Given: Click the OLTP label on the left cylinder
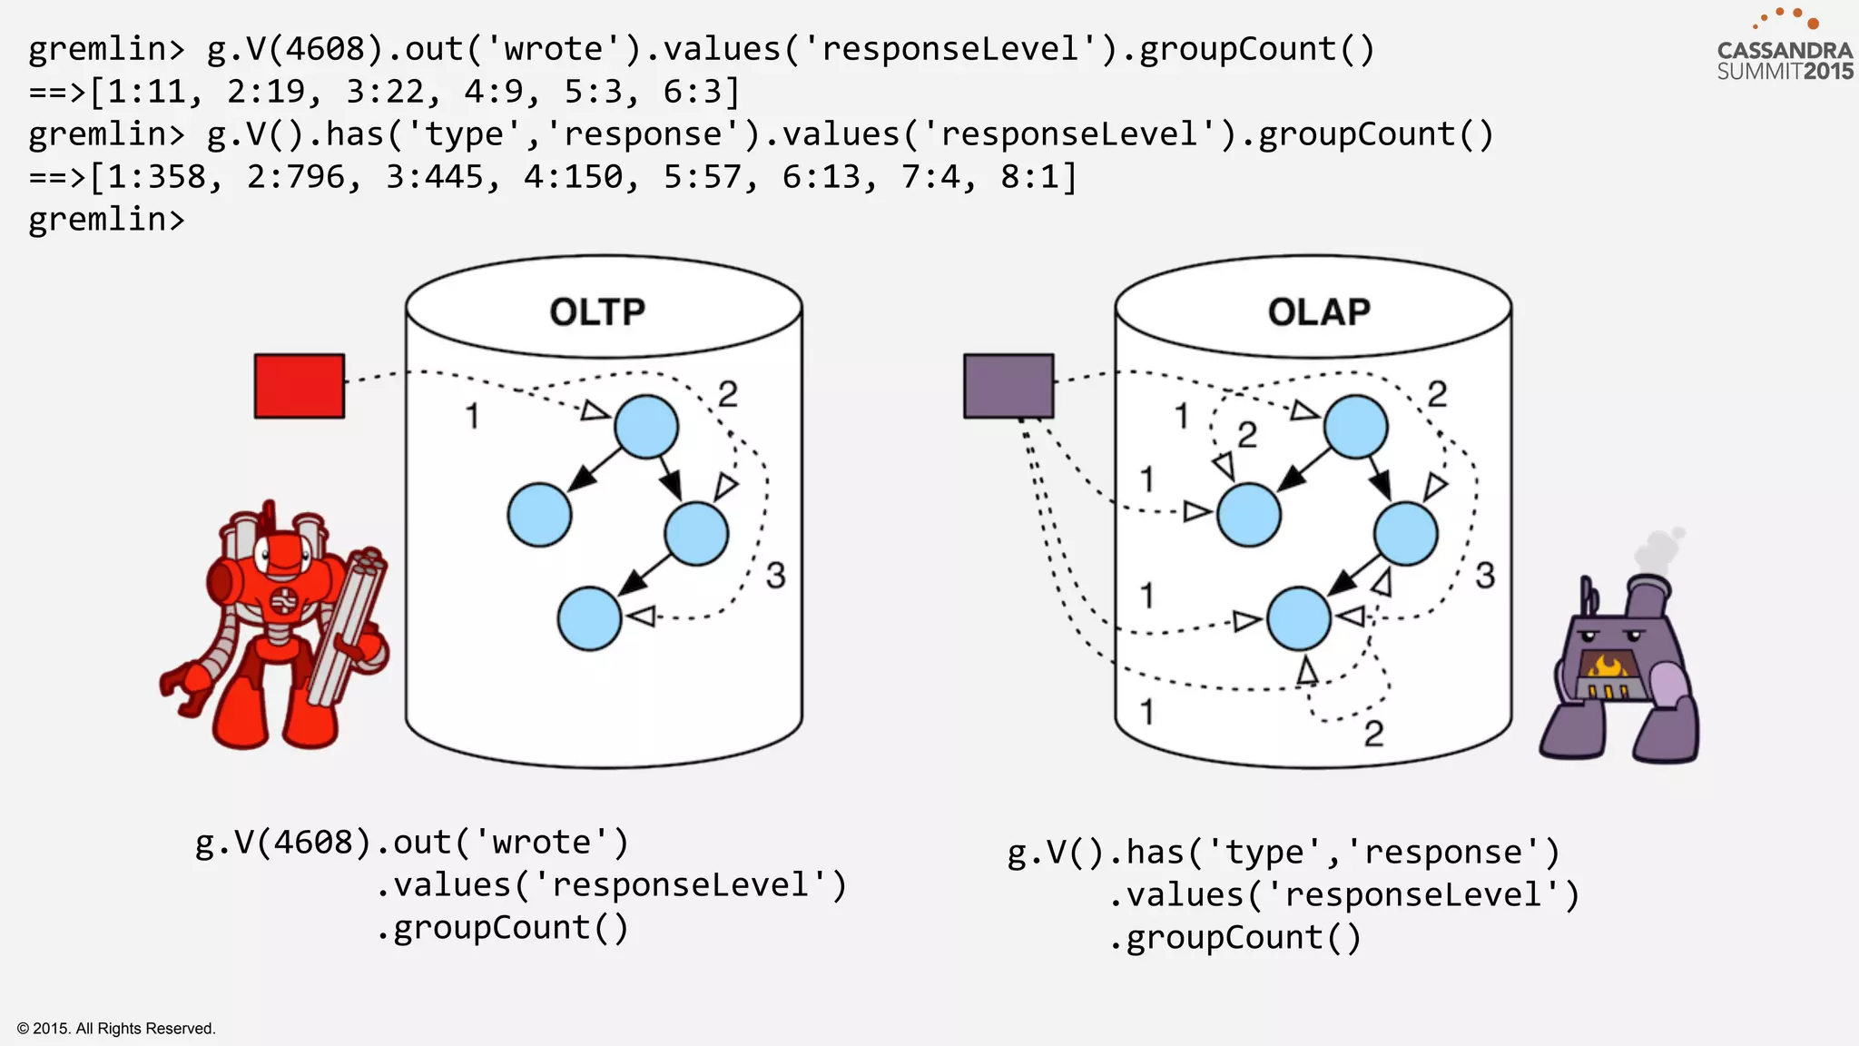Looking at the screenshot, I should [596, 312].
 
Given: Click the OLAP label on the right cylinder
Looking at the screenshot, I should [1318, 312].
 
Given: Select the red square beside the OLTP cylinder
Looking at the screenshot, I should [299, 386].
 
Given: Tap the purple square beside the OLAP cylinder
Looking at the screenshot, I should [1008, 386].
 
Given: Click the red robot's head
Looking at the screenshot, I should [282, 554].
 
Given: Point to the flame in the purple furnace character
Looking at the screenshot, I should [1608, 667].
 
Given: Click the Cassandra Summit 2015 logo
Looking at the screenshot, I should [1784, 50].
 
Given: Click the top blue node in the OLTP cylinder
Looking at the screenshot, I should [646, 426].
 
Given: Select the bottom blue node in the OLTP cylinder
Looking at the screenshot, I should [589, 618].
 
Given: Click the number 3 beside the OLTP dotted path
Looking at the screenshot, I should [775, 576].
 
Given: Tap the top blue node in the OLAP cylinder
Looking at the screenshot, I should [1355, 426].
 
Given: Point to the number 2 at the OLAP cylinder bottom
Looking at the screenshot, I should [1373, 734].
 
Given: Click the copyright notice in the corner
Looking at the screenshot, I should [116, 1029].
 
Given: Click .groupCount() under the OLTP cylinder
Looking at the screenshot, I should [502, 928].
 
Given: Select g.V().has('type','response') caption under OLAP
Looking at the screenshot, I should [1284, 853].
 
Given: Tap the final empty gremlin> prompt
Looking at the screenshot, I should [106, 220].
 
